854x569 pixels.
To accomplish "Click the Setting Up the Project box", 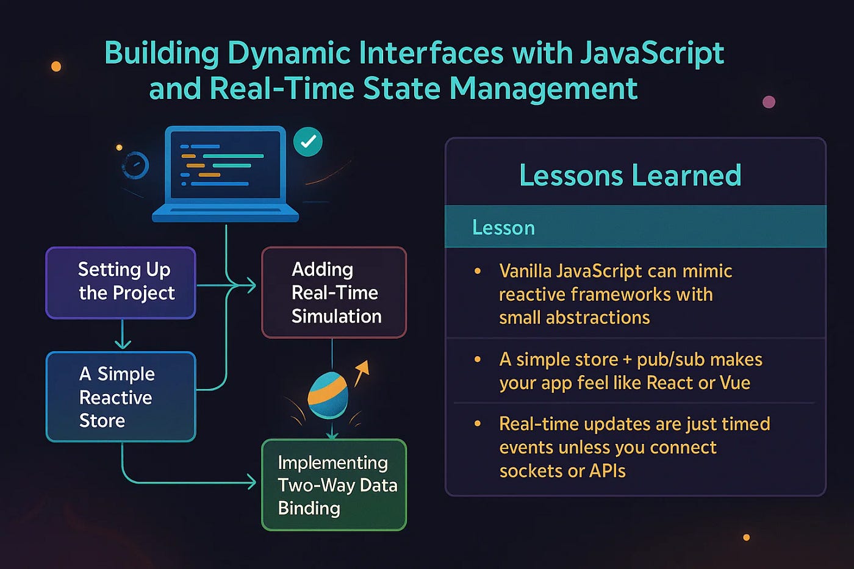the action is tap(121, 282).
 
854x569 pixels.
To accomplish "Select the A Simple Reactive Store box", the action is tap(121, 396).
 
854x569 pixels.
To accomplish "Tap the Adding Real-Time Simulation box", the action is tap(334, 292).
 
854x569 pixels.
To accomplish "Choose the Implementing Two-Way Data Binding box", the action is tap(334, 485).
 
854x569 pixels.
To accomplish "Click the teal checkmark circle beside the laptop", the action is tap(308, 141).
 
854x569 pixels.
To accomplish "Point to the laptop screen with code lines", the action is tap(226, 163).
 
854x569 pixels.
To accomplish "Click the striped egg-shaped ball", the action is tap(328, 395).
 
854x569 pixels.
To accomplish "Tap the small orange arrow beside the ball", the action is tap(362, 371).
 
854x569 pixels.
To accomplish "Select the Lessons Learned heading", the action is tap(630, 176).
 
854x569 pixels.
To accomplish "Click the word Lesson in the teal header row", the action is tap(503, 227).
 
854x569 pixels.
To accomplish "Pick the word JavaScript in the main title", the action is tap(651, 53).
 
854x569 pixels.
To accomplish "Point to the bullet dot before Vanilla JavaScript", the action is tap(478, 271).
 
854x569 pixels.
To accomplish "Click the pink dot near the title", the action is tap(769, 102).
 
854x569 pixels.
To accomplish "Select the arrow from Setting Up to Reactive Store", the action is tap(123, 335).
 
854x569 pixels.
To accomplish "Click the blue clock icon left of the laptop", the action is tap(135, 165).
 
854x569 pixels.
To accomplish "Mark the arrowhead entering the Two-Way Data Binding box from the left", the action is tap(251, 482).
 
